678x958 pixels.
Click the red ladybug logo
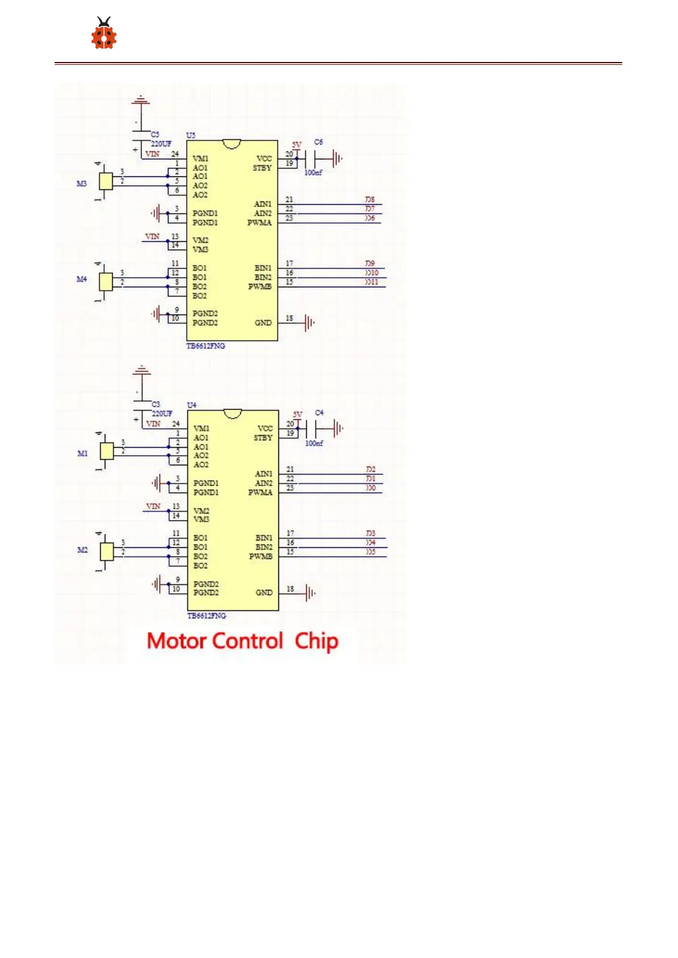point(104,34)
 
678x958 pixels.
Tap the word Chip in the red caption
point(317,641)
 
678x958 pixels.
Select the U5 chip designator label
point(191,135)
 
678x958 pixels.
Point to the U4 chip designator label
point(192,405)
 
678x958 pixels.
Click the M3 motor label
point(82,184)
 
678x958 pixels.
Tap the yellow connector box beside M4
point(106,282)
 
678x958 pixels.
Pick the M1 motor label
point(83,453)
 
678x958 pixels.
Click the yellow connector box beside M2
point(106,551)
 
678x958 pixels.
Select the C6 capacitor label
point(318,142)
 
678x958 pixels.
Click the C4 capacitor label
point(319,412)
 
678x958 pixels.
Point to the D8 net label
point(370,200)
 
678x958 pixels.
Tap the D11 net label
point(371,282)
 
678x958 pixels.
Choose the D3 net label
point(371,533)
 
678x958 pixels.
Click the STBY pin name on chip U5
point(262,168)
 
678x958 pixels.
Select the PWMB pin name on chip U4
point(260,556)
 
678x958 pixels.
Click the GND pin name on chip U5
point(262,323)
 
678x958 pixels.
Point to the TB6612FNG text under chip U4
point(207,616)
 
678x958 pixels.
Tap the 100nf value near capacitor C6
point(313,172)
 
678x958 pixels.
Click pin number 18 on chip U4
point(290,589)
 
